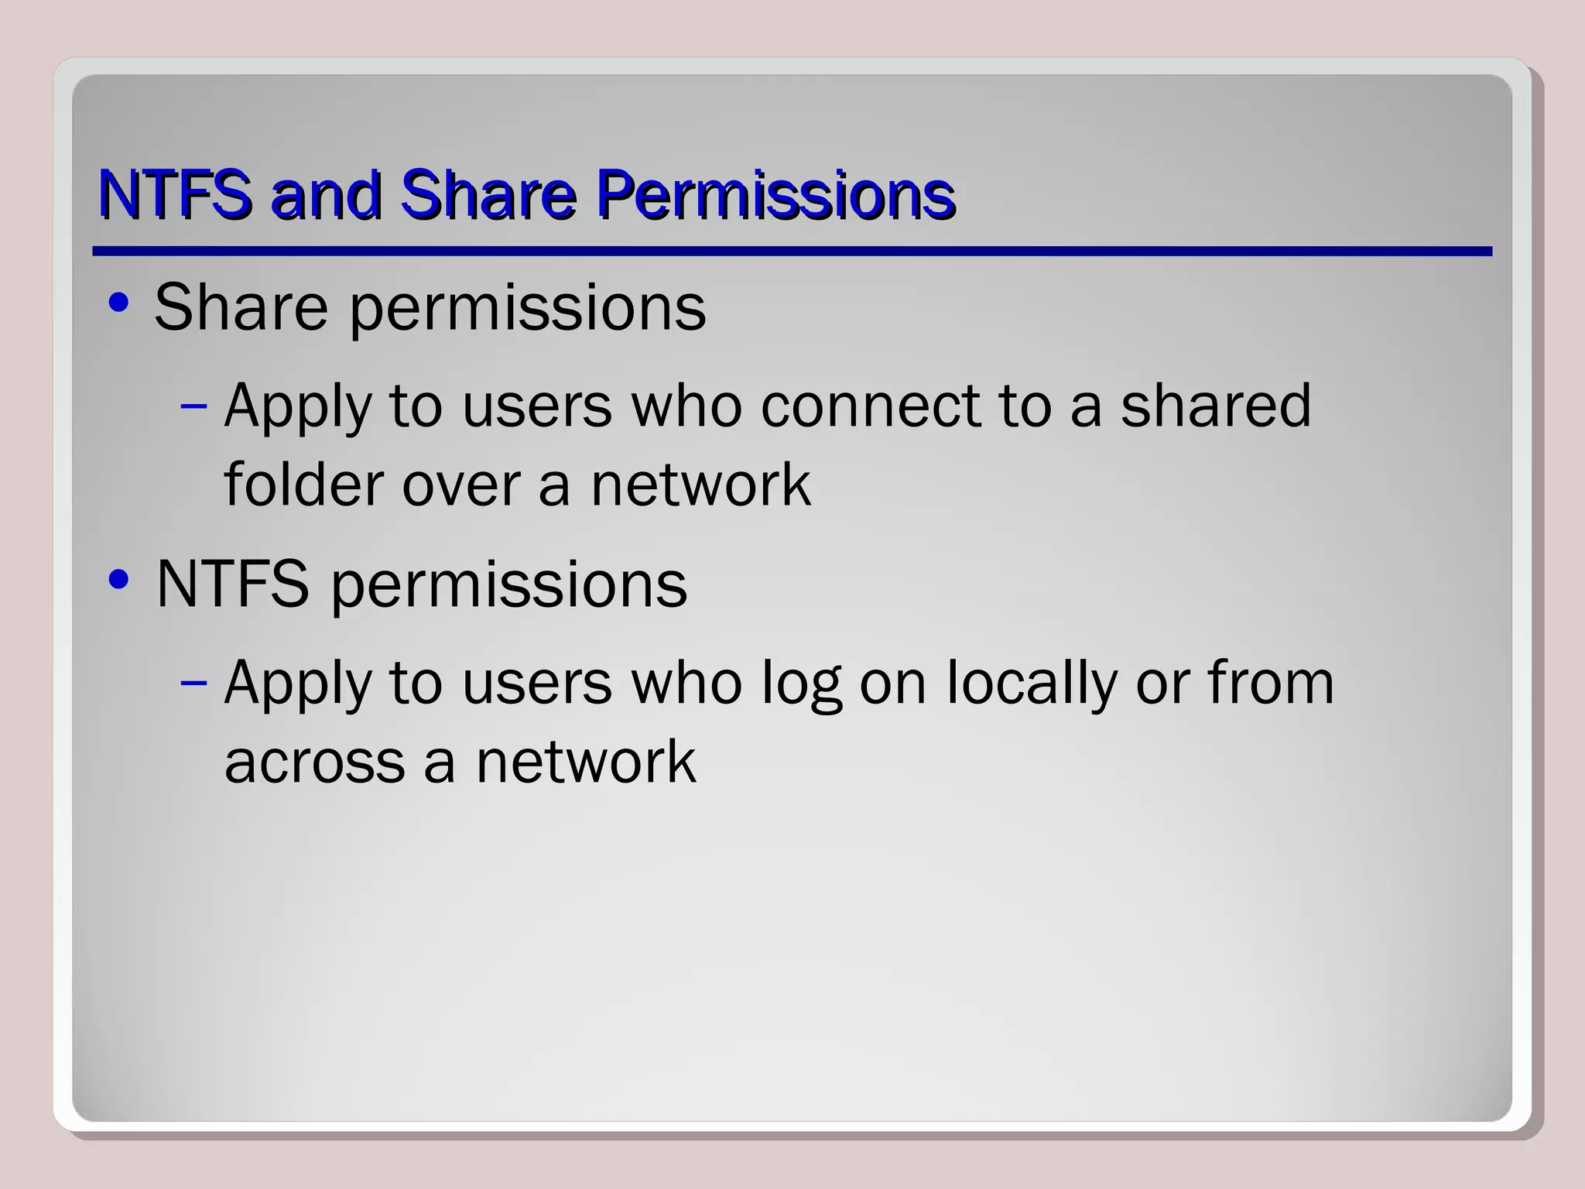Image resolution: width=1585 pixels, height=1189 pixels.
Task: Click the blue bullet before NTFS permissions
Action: pos(118,580)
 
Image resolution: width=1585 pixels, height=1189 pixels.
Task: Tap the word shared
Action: pos(1216,405)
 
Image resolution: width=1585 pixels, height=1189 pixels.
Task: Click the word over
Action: pos(460,485)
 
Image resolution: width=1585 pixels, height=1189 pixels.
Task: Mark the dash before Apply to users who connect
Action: pos(193,406)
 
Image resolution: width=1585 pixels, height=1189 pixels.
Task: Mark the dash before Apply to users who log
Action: pos(193,683)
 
